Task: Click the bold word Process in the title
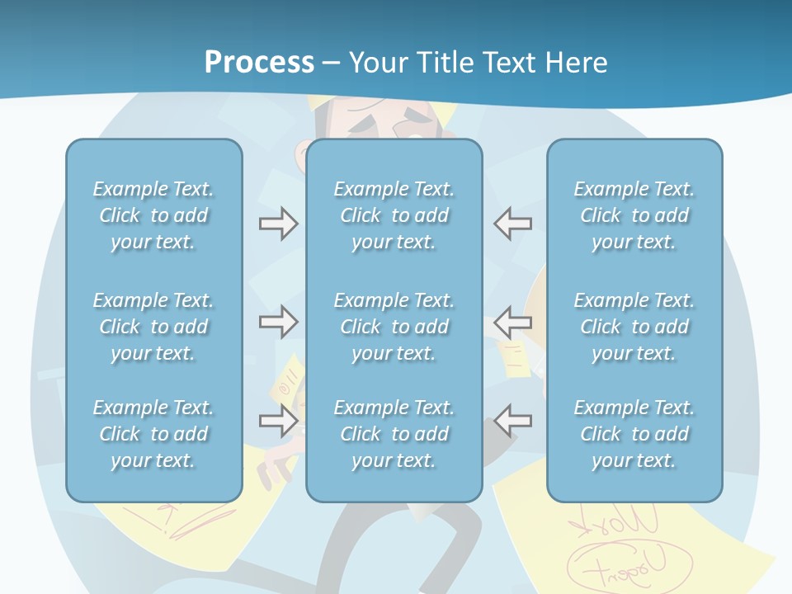[x=259, y=63]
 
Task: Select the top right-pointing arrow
[x=278, y=224]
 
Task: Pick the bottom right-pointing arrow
[x=278, y=421]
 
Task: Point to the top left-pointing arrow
[x=513, y=224]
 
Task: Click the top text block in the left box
[x=153, y=215]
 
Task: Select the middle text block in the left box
[x=153, y=327]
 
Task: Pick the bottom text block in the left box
[x=153, y=434]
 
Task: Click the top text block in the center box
[x=394, y=215]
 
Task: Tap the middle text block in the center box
[x=394, y=327]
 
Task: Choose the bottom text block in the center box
[x=394, y=434]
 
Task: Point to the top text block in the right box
[x=634, y=215]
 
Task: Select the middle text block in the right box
[x=634, y=327]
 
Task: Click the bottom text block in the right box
[x=634, y=434]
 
